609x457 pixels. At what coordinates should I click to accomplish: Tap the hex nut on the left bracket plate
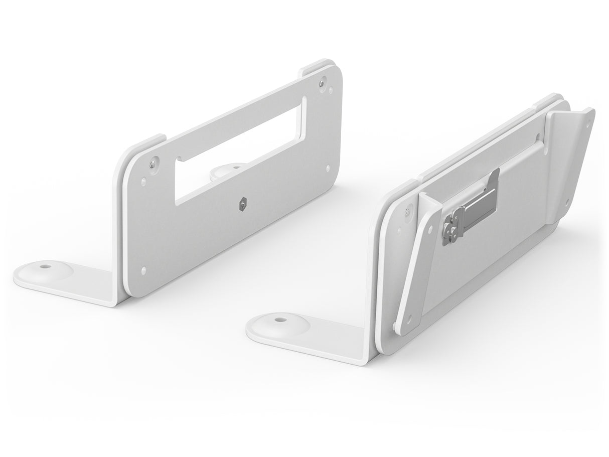242,203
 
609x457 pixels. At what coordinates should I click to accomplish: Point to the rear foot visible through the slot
224,171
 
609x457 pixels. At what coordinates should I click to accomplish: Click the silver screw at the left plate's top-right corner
325,79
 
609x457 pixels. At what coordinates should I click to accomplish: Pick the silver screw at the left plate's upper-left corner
153,162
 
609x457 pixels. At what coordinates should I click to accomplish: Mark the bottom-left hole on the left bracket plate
144,269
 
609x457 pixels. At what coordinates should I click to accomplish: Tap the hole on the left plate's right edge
328,169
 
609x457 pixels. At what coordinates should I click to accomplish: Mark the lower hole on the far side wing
566,203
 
